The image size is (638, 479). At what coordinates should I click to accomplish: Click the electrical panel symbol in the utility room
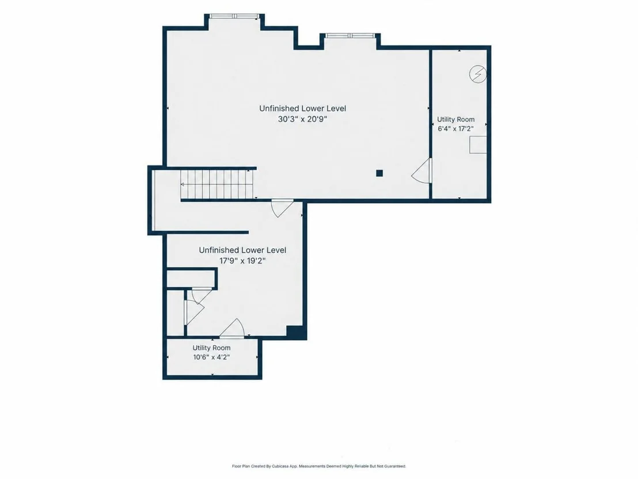[478, 74]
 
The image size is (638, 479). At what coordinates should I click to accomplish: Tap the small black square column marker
[379, 173]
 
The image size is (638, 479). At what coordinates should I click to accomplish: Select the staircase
[217, 184]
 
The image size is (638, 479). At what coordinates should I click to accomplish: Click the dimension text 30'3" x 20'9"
[302, 119]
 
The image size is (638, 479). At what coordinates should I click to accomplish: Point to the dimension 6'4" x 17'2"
[455, 129]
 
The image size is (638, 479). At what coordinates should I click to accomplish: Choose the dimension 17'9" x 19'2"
[242, 261]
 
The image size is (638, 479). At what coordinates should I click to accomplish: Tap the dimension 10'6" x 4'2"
[211, 357]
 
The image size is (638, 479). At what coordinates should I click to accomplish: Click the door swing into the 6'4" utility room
[421, 171]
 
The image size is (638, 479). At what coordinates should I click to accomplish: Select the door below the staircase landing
[282, 208]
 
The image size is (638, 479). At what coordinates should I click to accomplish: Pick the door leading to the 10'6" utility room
[231, 329]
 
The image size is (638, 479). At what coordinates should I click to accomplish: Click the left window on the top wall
[234, 16]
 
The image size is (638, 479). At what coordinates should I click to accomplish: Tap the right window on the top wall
[350, 36]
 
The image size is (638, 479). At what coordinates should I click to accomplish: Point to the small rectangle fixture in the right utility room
[478, 145]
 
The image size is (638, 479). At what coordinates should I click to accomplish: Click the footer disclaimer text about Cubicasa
[319, 466]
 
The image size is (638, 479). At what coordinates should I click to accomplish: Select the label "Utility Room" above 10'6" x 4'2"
[211, 348]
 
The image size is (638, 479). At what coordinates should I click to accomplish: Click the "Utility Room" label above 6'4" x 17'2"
[455, 119]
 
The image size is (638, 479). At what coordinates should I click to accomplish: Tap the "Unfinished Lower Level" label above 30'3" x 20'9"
[303, 108]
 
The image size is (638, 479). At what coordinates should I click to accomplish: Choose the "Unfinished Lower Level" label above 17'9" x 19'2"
[242, 250]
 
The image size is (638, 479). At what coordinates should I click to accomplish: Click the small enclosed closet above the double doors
[191, 279]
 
